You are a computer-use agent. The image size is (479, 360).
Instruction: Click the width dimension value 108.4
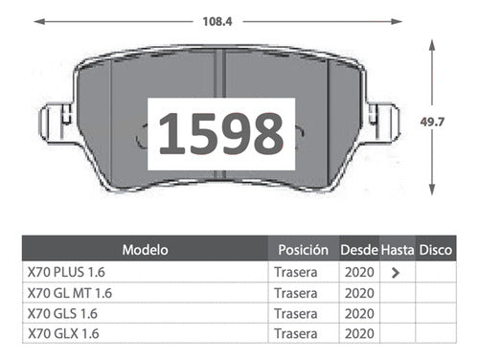click(x=217, y=22)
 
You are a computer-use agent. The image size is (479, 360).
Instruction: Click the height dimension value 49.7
click(x=432, y=122)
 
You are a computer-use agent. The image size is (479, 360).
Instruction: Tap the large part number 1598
click(x=221, y=133)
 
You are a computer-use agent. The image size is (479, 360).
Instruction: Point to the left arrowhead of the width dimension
click(x=39, y=22)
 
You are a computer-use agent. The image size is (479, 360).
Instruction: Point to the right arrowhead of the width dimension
click(x=397, y=22)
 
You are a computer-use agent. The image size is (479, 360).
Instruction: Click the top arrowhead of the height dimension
click(x=432, y=45)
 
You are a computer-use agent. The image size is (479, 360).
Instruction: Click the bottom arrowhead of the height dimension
click(x=432, y=190)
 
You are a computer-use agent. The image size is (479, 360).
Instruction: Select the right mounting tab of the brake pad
click(x=381, y=123)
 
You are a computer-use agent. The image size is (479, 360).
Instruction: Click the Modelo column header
click(x=145, y=250)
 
